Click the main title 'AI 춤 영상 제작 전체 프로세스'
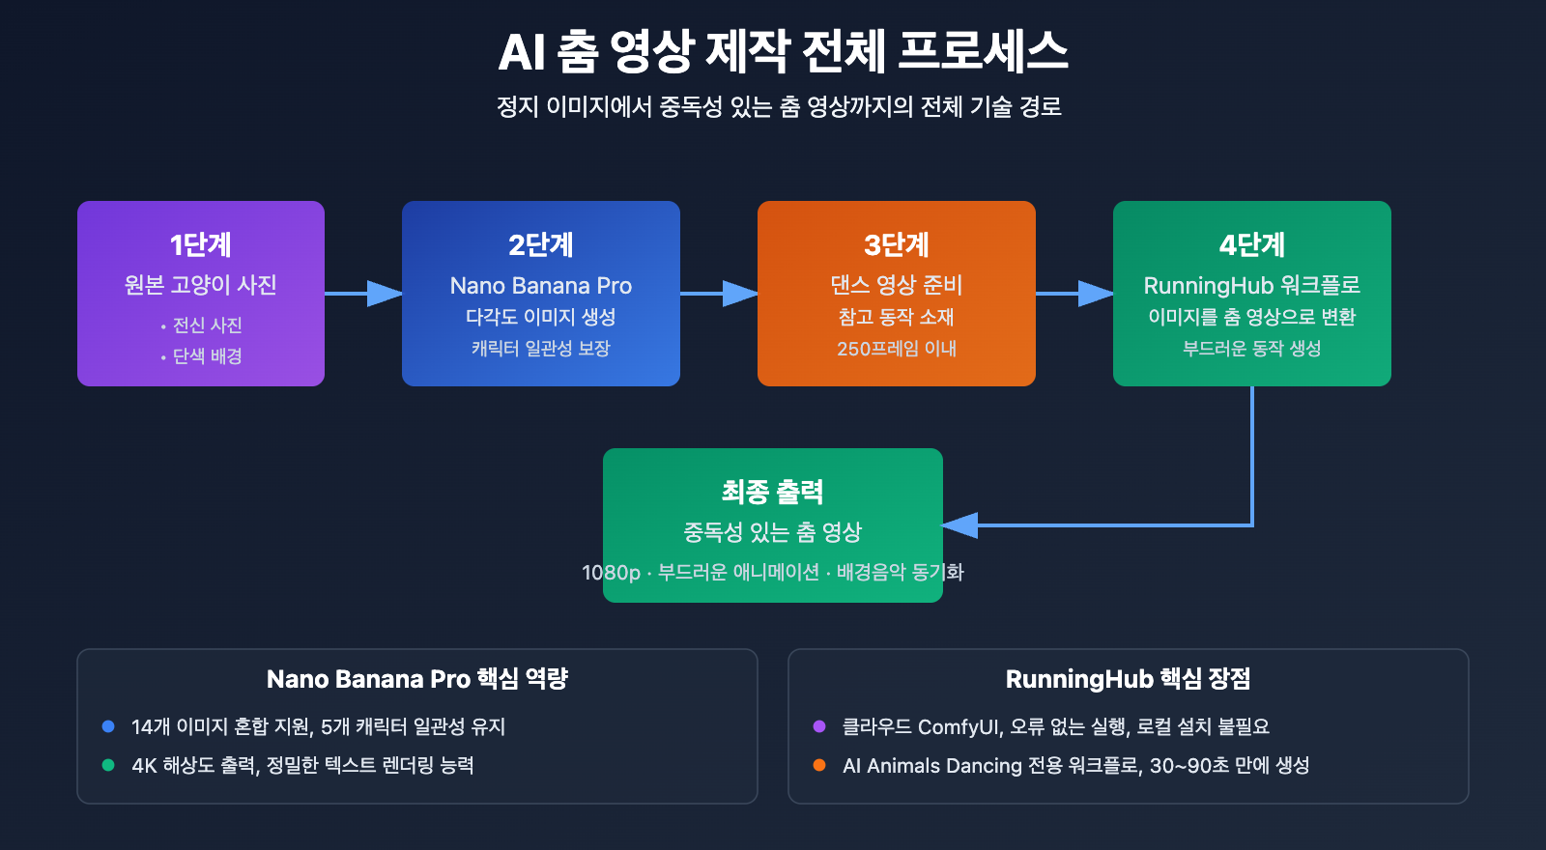[x=783, y=51]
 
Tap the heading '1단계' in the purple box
[x=201, y=245]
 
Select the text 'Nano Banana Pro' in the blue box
[x=540, y=286]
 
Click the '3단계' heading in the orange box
[x=896, y=245]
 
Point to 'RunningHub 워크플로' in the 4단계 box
[x=1251, y=286]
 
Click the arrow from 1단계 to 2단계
[x=363, y=294]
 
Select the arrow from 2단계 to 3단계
[x=719, y=294]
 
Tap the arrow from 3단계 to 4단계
[x=1074, y=294]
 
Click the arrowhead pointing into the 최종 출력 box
[x=959, y=525]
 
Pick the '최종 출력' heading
[x=772, y=493]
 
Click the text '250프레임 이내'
[x=896, y=349]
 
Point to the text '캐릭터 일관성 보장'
[x=540, y=349]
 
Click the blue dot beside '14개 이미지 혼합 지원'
[x=108, y=726]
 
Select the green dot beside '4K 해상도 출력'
[x=108, y=765]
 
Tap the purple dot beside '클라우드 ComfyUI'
[x=819, y=726]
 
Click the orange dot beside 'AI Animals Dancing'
[x=819, y=765]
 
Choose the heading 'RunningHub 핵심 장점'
[x=1128, y=679]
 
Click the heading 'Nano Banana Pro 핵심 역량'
[x=416, y=679]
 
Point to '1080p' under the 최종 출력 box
[x=611, y=573]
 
